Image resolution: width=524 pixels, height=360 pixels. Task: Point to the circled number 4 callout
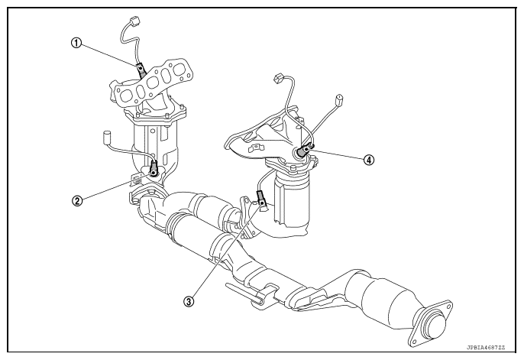[x=369, y=161]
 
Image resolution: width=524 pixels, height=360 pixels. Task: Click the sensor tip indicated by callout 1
[x=141, y=70]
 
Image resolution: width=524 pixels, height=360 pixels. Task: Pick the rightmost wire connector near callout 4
[x=338, y=99]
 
